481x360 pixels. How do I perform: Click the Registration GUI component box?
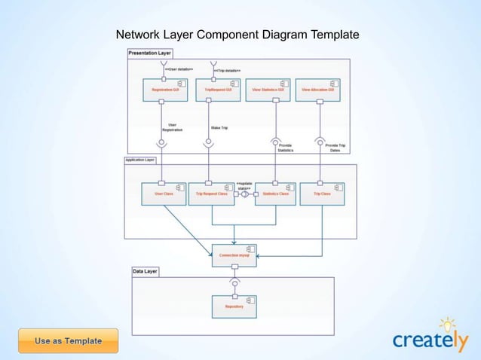[165, 90]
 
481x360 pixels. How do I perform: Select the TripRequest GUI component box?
[221, 90]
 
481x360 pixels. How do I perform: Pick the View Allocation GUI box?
[317, 90]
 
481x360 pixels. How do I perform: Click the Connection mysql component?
[234, 255]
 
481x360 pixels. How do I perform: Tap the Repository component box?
[234, 307]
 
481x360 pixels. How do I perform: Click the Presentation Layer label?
[149, 53]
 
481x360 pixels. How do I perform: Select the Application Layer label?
[140, 160]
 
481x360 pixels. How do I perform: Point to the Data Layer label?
[146, 270]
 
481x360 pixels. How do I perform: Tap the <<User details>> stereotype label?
[178, 69]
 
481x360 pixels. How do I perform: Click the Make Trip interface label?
[220, 127]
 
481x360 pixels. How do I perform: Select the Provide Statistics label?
[285, 148]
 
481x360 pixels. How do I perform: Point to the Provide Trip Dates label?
[336, 148]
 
